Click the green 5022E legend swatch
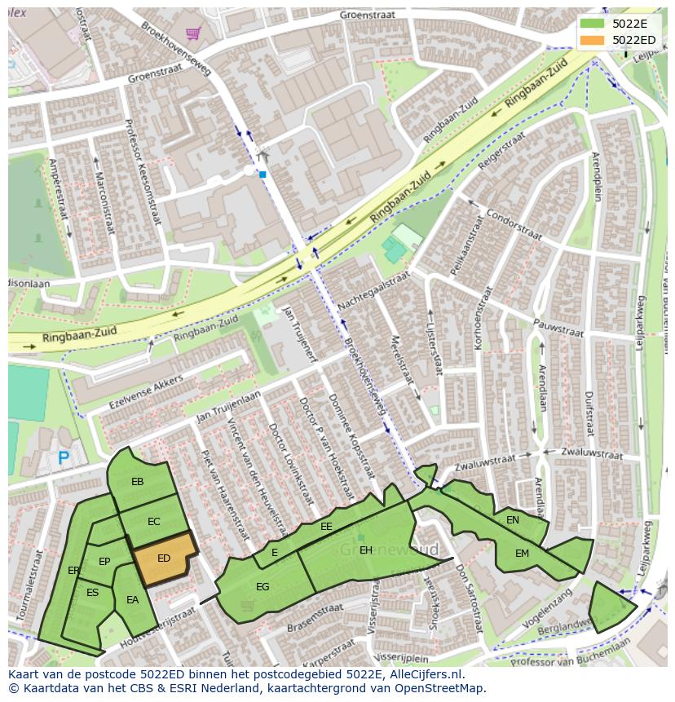coord(593,23)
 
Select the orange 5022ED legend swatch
coord(593,40)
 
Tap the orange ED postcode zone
coord(164,559)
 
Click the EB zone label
coord(138,482)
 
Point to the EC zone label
coord(154,522)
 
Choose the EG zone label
coord(262,586)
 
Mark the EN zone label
coord(513,520)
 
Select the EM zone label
coord(522,554)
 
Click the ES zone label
coord(92,593)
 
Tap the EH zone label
coord(366,550)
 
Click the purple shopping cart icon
coord(193,33)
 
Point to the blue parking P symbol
coord(64,460)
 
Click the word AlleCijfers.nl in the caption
coord(419,674)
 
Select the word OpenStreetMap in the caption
coord(440,688)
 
